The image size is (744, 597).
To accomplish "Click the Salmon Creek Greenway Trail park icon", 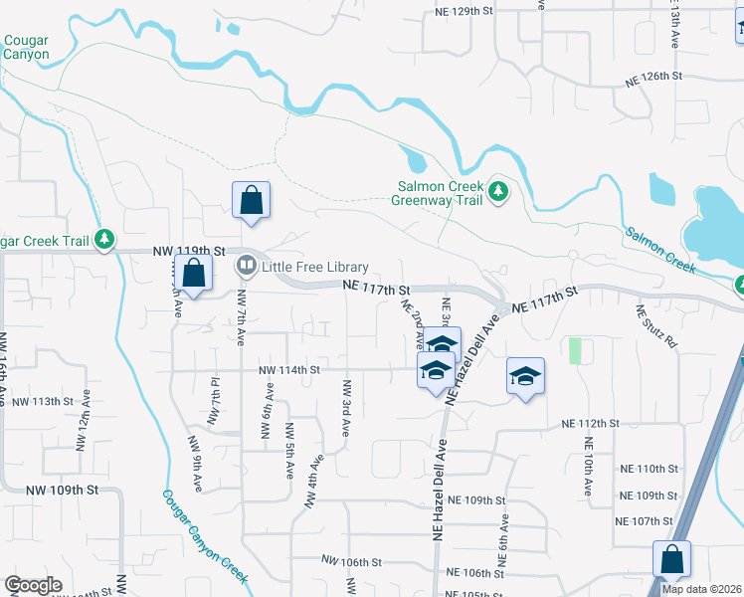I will [x=498, y=191].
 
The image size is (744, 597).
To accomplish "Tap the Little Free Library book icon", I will [x=245, y=267].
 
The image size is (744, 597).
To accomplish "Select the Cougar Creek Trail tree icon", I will [x=104, y=239].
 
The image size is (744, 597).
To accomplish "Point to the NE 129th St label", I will [x=465, y=10].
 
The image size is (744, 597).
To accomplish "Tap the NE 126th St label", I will [x=652, y=76].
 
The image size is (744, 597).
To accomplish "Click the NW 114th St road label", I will [x=288, y=370].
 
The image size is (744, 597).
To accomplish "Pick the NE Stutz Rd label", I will [x=655, y=325].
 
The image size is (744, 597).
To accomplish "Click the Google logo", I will [x=33, y=585].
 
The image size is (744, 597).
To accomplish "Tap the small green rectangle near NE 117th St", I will [x=574, y=350].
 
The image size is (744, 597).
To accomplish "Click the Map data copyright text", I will [x=702, y=589].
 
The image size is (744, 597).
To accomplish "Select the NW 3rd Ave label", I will [x=347, y=407].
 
